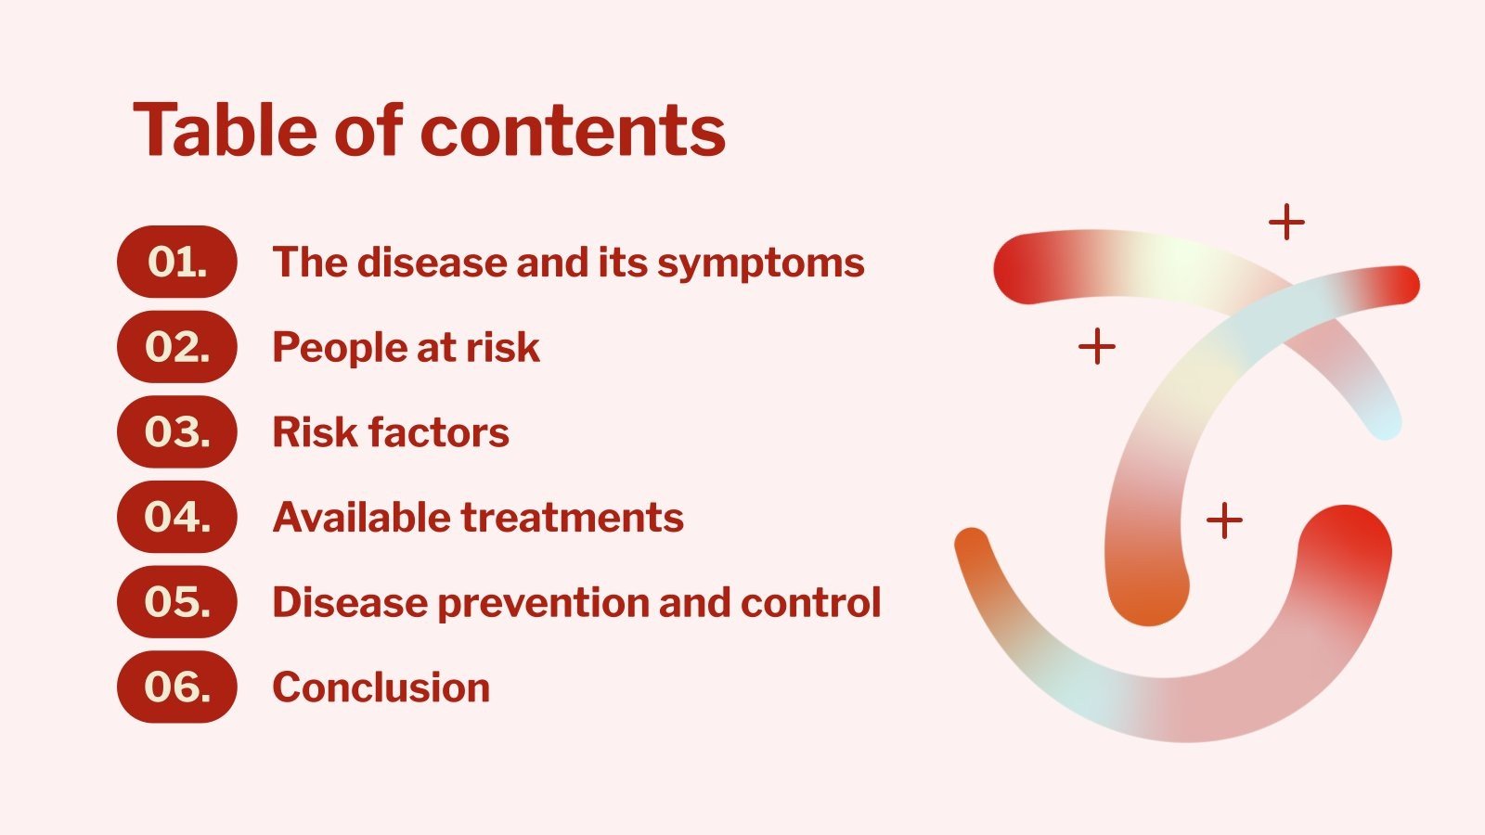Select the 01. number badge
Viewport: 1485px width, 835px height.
point(176,262)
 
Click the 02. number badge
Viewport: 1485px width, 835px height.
point(176,347)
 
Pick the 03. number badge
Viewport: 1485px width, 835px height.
point(176,432)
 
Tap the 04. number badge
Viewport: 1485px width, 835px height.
point(176,517)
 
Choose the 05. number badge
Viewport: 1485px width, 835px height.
point(176,602)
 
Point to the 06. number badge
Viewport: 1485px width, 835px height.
point(176,687)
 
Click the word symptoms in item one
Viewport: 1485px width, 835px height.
point(761,263)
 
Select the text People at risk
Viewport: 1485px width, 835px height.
point(406,348)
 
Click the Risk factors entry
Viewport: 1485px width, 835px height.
point(391,432)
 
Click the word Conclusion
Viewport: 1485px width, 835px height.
point(381,687)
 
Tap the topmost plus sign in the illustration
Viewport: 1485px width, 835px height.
point(1286,223)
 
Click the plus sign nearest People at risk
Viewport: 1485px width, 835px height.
point(1097,347)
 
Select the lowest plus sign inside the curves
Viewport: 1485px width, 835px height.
point(1224,520)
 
